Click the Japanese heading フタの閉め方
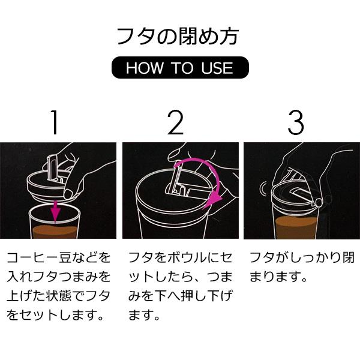(179, 35)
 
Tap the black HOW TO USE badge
(179, 68)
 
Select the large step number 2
(176, 122)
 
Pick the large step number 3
(296, 122)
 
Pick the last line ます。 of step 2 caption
(144, 315)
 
